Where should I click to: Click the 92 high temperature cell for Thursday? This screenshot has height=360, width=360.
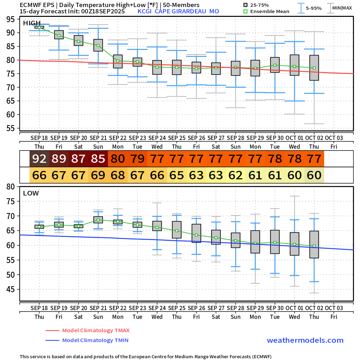click(39, 159)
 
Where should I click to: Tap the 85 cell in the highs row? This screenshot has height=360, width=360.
click(98, 159)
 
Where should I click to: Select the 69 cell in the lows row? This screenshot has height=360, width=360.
click(98, 175)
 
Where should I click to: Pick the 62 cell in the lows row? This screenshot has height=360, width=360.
click(236, 175)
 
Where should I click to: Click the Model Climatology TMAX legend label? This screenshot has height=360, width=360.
click(96, 330)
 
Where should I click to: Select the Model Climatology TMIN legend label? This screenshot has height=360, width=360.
click(95, 340)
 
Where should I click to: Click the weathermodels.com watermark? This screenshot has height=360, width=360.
click(305, 340)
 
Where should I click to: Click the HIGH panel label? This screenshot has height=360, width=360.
click(31, 23)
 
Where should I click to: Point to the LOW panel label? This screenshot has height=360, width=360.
click(31, 193)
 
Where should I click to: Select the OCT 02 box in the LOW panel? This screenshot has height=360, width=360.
click(314, 244)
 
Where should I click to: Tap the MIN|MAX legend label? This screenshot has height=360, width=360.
click(342, 8)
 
